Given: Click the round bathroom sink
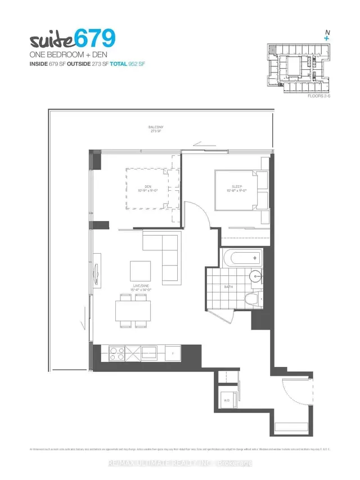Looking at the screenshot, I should click(x=256, y=276).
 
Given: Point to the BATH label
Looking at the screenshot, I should click(x=228, y=287).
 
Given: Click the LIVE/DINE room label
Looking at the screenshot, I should click(x=141, y=288).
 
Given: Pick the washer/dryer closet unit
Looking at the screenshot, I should click(x=227, y=400).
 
